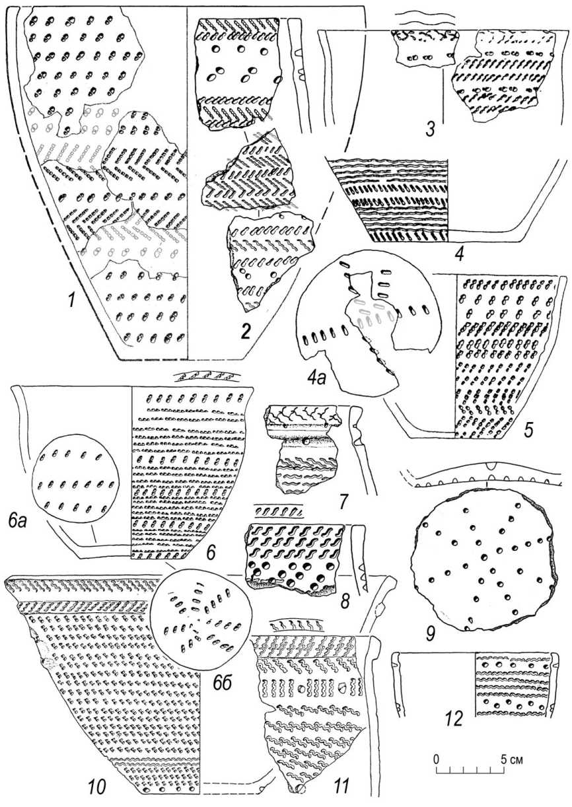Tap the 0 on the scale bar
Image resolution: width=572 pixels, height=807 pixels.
click(x=436, y=757)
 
